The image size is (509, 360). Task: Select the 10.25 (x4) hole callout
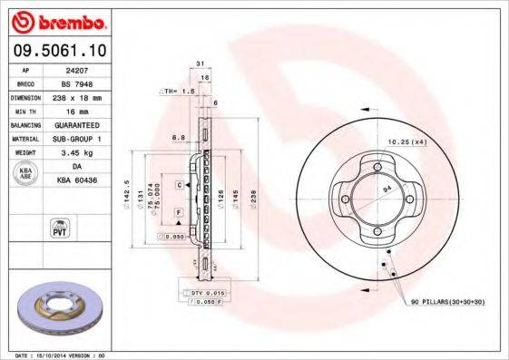coord(407,142)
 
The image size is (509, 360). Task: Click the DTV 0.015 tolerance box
coord(208,294)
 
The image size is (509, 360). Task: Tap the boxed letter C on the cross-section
coord(180,185)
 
